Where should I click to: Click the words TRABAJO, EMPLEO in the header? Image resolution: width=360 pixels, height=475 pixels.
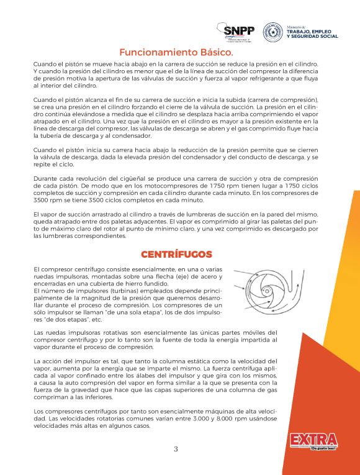[312, 31]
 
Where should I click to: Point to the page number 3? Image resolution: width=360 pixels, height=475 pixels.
[176, 449]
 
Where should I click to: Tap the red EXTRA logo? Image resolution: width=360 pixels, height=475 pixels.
[313, 440]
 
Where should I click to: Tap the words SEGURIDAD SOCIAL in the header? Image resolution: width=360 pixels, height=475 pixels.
[312, 37]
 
